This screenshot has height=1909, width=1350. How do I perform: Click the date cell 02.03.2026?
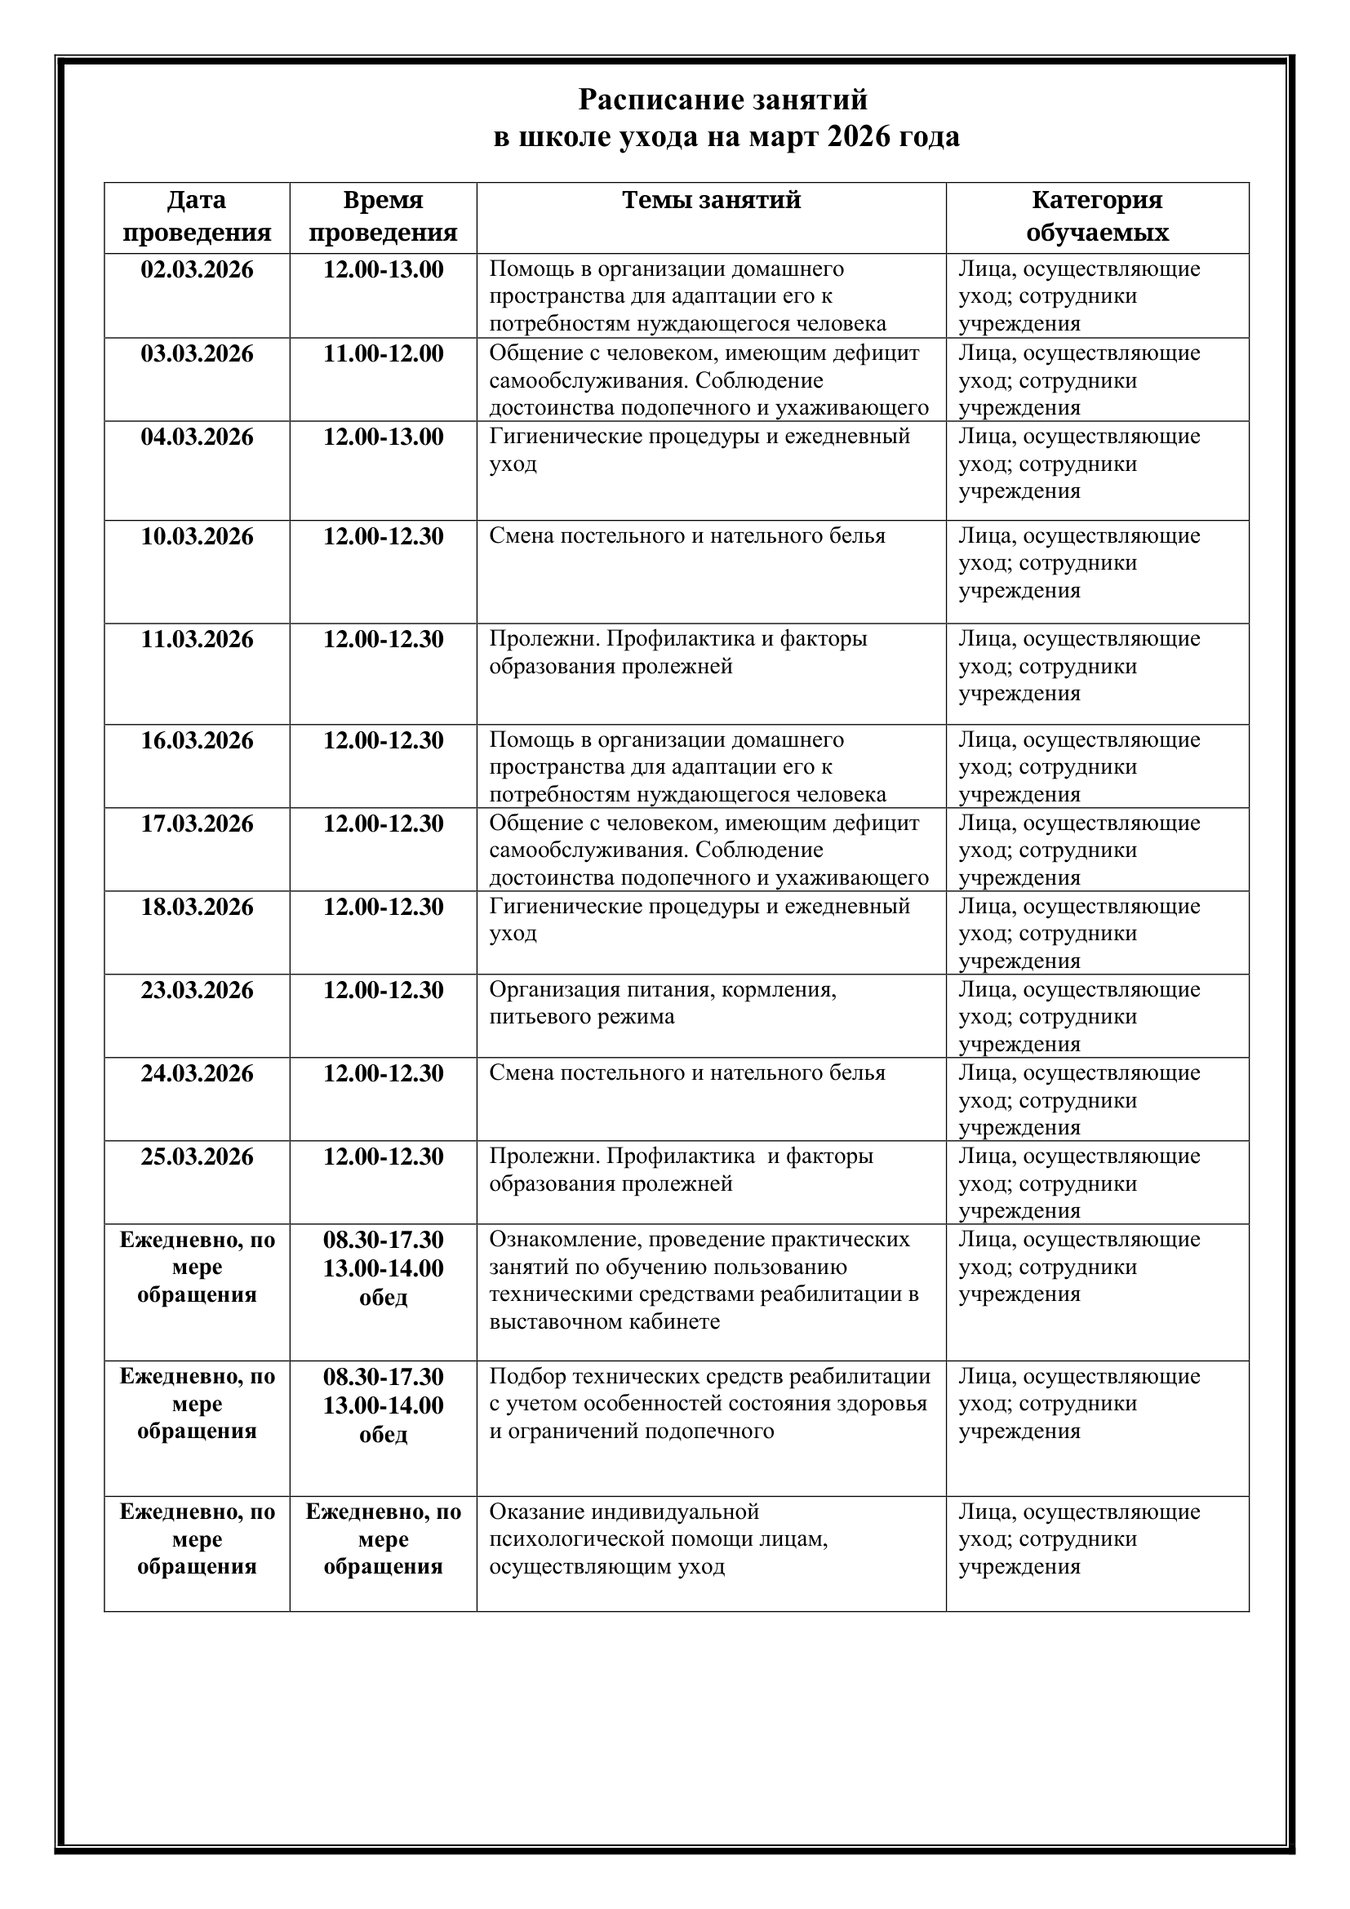(197, 270)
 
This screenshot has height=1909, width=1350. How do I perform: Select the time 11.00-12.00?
(384, 354)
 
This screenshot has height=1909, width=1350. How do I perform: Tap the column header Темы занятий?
(712, 201)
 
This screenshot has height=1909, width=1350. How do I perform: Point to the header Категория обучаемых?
(1096, 216)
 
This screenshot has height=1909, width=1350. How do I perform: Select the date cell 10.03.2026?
(197, 537)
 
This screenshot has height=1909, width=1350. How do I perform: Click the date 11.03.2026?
(197, 639)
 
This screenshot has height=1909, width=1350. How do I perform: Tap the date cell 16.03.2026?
(197, 741)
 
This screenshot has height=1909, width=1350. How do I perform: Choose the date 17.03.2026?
(197, 824)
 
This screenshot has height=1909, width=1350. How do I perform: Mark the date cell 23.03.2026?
(197, 990)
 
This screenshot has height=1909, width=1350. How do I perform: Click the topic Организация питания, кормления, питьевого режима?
(663, 1004)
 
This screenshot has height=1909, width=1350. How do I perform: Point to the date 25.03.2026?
(197, 1156)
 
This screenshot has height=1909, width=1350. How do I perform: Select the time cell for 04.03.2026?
(384, 437)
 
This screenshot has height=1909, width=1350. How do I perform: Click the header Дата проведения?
(197, 216)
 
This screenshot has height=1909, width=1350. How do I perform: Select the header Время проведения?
(384, 216)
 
